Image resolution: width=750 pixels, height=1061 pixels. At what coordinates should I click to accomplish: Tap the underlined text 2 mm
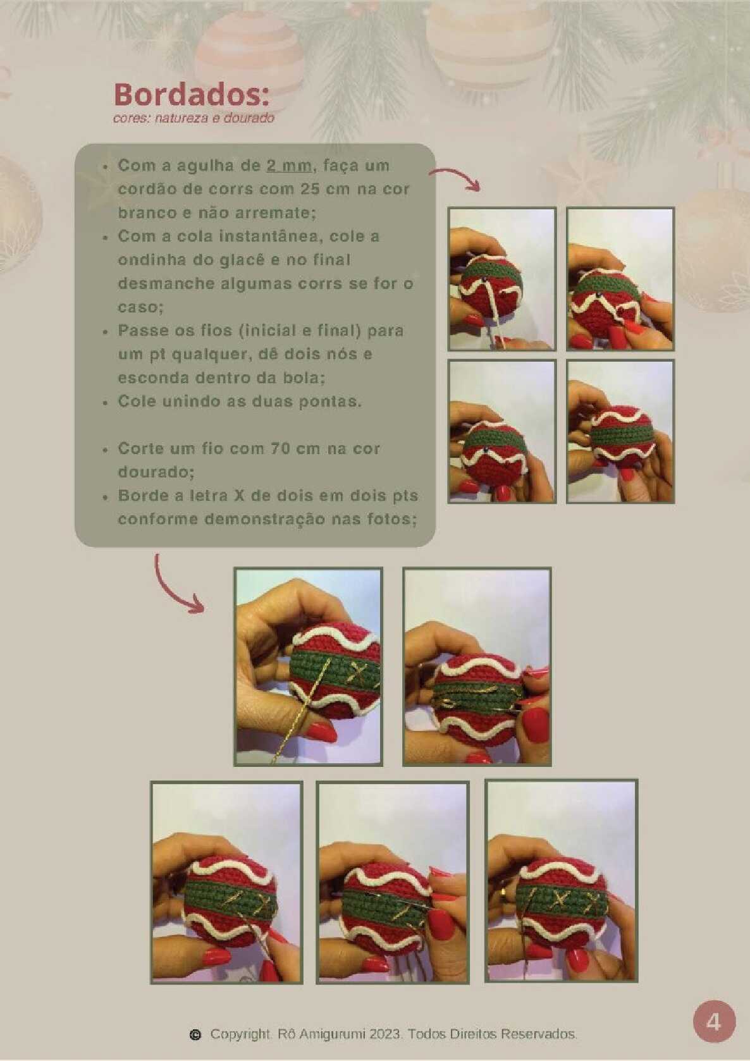point(288,166)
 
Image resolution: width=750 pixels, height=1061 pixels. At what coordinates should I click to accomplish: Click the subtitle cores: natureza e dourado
point(194,118)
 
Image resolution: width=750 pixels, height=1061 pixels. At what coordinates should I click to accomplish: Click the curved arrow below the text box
point(174,588)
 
